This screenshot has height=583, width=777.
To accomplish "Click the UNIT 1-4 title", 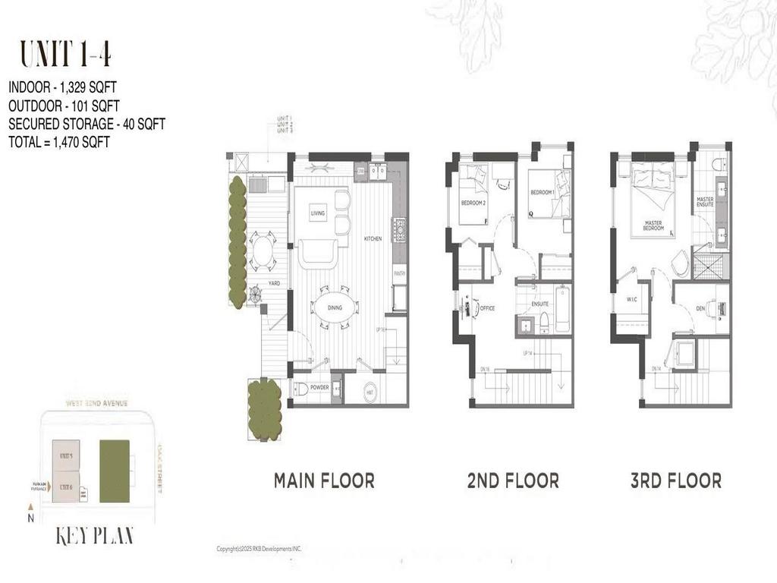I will pos(67,55).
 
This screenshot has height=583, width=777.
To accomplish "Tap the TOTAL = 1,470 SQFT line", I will pos(59,141).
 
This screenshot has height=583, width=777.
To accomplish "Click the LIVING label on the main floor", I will pos(317,213).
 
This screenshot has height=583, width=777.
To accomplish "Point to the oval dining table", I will pos(335,307).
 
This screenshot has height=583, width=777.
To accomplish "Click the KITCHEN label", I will pos(373,238).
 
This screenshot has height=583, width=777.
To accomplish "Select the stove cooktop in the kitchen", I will pos(398,228).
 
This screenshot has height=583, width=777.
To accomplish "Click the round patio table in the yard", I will pos(263,251).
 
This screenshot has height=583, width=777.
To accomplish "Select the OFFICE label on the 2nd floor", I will pos(487,308).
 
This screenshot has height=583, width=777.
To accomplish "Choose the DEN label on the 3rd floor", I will pos(702,308).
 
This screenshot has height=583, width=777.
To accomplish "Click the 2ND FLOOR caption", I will pos(513,481).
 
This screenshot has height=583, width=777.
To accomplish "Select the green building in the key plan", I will pos(115,471).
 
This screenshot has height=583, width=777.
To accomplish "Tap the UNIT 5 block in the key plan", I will pos(65,455).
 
